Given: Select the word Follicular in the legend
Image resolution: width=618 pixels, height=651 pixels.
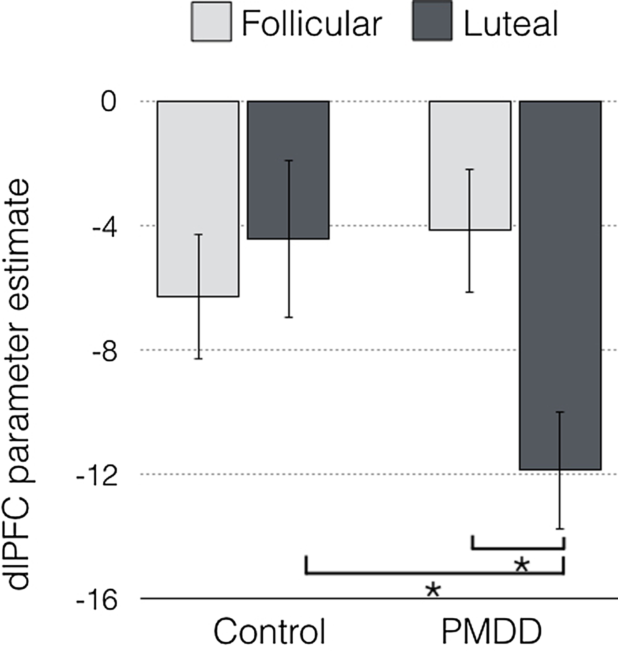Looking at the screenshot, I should coord(312,24).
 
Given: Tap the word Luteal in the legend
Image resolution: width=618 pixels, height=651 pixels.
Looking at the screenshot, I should coord(511,24).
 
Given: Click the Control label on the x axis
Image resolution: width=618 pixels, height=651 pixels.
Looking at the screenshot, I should coord(270,632).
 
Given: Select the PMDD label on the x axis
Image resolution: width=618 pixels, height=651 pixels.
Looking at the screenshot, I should coord(491,632).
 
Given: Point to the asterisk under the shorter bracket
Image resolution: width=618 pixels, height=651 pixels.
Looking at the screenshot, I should coord(521,566).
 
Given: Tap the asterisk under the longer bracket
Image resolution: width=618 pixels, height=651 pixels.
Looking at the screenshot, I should coord(433,591).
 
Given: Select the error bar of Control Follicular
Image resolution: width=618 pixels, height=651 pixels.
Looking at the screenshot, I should coord(199,327).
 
